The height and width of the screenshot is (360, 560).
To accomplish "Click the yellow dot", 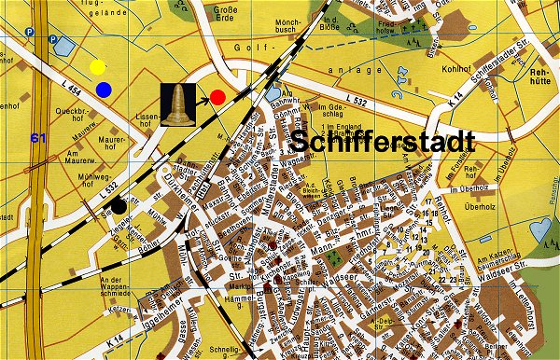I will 98,67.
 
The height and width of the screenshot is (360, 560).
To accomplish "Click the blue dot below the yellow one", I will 104,90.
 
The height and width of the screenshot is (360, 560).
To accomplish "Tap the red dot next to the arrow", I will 217,96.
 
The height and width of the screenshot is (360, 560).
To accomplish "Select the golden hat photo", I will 175,103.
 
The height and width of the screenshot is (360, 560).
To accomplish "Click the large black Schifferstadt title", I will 383,143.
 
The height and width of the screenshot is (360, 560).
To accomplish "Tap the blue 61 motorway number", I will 38,138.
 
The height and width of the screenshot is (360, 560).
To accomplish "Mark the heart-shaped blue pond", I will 273,94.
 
